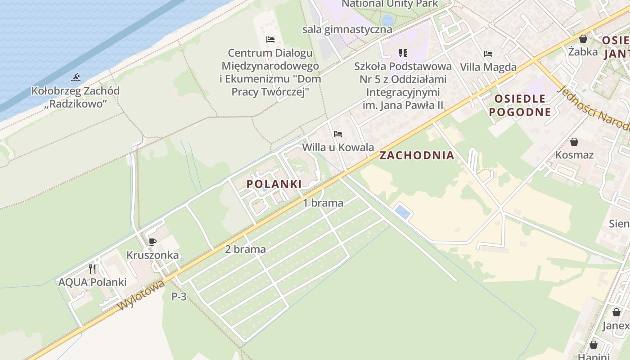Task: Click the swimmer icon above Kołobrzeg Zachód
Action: pos(76,77)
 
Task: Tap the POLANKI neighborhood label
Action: pos(274,184)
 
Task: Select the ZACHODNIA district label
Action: pos(417,156)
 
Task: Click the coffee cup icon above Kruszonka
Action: pos(153,242)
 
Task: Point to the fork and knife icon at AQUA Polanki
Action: pos(92,269)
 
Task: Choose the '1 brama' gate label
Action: pos(323,203)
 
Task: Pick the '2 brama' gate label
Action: pos(245,249)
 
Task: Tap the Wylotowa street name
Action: pos(141,295)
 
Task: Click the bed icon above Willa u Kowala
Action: pos(338,134)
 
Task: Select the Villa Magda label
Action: pos(488,67)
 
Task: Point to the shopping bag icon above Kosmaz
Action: pos(574,142)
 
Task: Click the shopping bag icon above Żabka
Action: pos(583,39)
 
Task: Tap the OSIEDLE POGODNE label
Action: pos(520,105)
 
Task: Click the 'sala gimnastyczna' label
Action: pos(347,30)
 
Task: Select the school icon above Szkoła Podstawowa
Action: pos(403,53)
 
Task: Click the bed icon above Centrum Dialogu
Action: pos(270,40)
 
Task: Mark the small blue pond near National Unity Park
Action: pos(387,20)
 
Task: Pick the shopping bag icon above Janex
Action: pos(616,312)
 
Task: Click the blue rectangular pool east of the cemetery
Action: pos(402,211)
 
